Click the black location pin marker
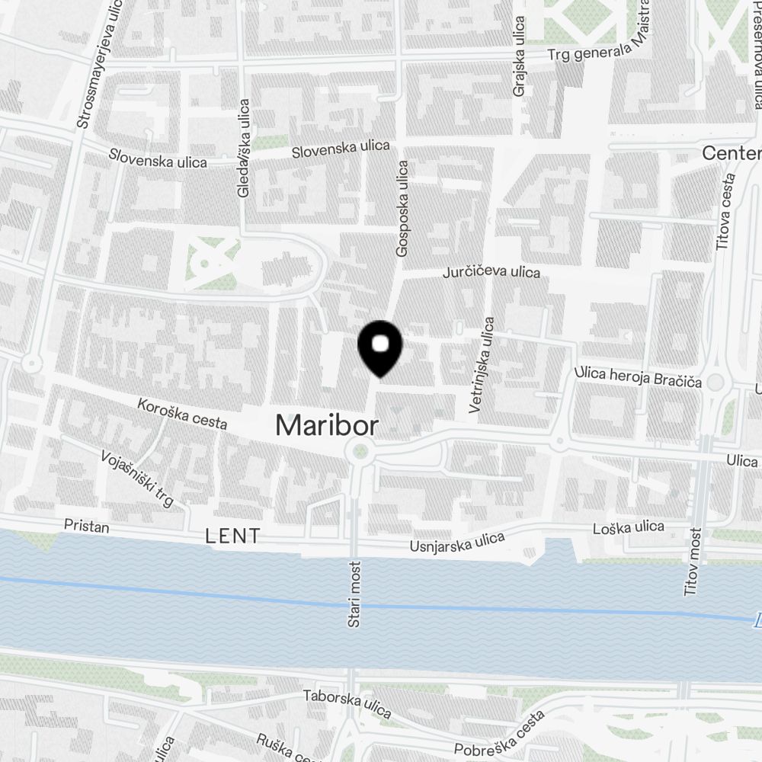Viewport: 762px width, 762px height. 380,347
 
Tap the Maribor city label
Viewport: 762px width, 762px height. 326,425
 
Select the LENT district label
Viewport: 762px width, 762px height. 233,536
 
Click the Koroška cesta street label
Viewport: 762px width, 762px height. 182,413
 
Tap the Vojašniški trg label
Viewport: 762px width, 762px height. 138,479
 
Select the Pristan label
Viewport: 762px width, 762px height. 86,527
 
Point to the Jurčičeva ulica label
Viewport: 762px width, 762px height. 492,272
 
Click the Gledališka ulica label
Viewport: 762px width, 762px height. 244,148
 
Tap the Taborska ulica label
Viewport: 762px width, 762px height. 347,703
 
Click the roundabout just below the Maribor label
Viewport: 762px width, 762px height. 360,452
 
